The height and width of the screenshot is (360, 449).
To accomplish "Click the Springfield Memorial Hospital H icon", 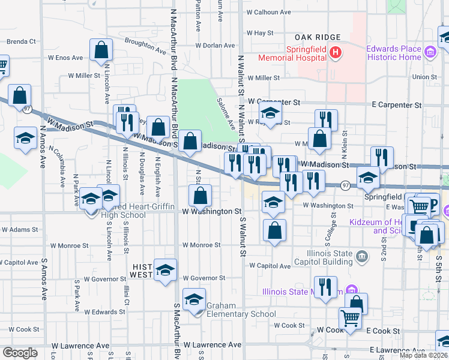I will click(x=336, y=53).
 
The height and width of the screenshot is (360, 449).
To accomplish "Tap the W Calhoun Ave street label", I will click(x=268, y=12).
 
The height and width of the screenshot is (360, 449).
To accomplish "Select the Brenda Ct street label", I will click(x=22, y=42).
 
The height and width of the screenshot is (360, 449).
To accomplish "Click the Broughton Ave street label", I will click(x=145, y=46).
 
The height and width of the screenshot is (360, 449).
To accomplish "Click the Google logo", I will click(x=20, y=353).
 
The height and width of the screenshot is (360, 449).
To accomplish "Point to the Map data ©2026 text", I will click(x=423, y=355).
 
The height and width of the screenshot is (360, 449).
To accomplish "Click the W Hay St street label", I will click(x=260, y=33).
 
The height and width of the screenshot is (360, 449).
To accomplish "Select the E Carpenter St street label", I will click(x=396, y=105).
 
